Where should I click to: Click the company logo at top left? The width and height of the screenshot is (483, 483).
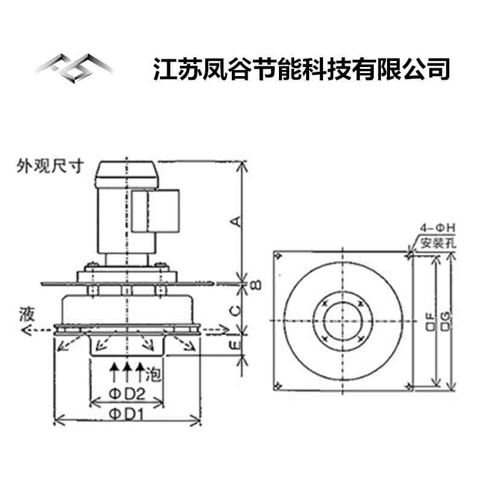coord(75,68)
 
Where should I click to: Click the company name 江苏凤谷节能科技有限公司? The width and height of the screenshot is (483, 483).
coord(301,69)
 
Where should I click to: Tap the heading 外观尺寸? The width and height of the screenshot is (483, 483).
coord(50,166)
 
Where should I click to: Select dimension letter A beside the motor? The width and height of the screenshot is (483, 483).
coord(236,222)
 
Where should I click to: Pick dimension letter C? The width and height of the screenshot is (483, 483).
coord(235,311)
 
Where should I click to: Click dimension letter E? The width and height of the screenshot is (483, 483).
coord(235,345)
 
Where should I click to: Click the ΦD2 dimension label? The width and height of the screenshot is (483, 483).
coord(127,394)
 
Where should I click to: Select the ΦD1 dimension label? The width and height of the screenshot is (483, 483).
coord(127,415)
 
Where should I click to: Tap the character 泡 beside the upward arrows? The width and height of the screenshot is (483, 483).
coord(153,374)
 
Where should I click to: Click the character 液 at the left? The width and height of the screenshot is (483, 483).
coord(27,314)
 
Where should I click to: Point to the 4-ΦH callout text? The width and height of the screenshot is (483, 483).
coord(437,228)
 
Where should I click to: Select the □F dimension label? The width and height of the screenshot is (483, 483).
coord(430,322)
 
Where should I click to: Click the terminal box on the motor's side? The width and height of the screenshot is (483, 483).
coord(155,211)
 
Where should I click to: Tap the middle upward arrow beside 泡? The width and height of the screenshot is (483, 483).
coord(127,372)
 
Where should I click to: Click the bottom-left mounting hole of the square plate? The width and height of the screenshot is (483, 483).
coord(278,385)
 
